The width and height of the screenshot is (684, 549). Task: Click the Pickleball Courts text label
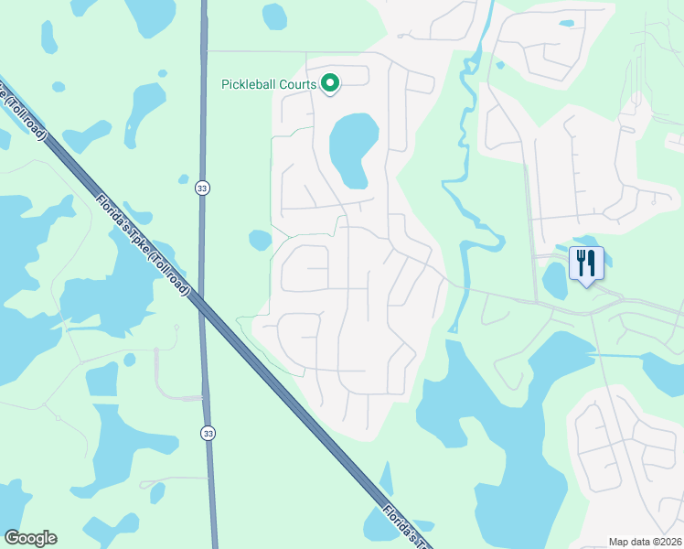[x=269, y=85]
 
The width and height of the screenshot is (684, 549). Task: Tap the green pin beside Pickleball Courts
[x=330, y=84]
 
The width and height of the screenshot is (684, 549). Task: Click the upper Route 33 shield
[x=201, y=188]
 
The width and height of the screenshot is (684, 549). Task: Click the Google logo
[x=30, y=538]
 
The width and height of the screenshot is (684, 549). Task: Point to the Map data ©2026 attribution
[x=644, y=542]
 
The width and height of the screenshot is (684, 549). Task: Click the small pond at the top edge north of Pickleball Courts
[x=274, y=16]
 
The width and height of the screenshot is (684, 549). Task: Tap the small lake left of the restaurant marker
[x=555, y=280]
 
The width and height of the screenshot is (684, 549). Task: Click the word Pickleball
[x=250, y=85]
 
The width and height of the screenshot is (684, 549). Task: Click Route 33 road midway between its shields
[x=203, y=311]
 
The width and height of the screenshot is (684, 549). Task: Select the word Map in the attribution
[x=619, y=542]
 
